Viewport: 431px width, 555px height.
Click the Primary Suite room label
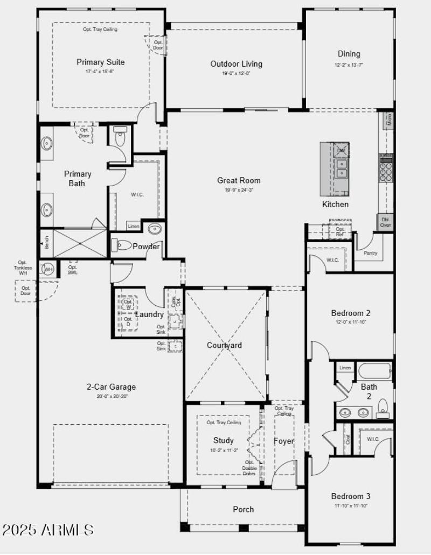(x=100, y=62)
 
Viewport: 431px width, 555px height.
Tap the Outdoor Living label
(x=236, y=64)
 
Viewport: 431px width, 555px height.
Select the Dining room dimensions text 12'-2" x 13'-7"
(x=349, y=65)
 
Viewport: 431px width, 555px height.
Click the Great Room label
(x=239, y=180)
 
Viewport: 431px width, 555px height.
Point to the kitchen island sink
(x=340, y=168)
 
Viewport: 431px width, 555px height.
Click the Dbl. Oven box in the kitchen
(x=386, y=222)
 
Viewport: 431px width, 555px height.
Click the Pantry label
(x=371, y=252)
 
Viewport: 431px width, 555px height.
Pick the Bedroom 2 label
(x=350, y=313)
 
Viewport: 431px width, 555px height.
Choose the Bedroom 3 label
(x=350, y=496)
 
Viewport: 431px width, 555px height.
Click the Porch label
(x=243, y=509)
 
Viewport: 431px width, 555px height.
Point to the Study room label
(x=223, y=440)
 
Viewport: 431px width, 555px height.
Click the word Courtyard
(x=224, y=345)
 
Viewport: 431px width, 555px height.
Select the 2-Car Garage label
(x=111, y=387)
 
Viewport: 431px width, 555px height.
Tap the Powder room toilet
(x=122, y=245)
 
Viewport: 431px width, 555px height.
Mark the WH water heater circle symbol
(x=48, y=269)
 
